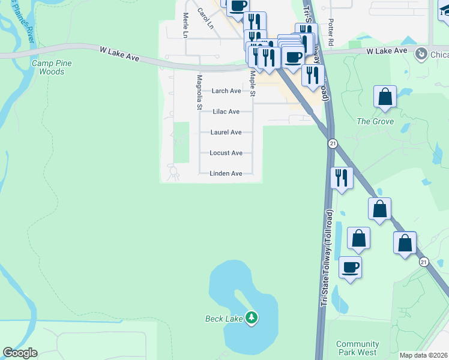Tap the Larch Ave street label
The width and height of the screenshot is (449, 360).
(x=226, y=91)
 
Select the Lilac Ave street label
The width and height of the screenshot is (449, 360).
(x=226, y=112)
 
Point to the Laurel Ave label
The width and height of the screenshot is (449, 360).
(x=226, y=132)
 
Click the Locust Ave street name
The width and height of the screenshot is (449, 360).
(x=226, y=153)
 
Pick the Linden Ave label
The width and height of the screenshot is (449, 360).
(x=226, y=173)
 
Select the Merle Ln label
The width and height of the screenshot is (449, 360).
(x=185, y=25)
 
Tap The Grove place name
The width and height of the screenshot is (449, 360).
(x=375, y=121)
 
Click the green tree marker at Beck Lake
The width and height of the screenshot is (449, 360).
(x=252, y=317)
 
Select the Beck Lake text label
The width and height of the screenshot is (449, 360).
(x=223, y=318)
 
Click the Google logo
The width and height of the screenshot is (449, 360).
(x=20, y=353)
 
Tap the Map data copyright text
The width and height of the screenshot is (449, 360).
(x=423, y=355)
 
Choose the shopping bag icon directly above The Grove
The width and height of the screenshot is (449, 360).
(x=385, y=97)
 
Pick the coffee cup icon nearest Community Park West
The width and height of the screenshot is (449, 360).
(x=350, y=267)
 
